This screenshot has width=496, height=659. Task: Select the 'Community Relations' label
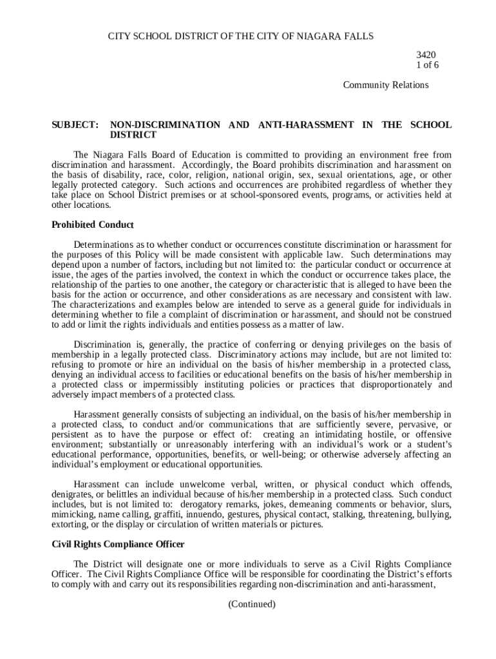tap(385, 85)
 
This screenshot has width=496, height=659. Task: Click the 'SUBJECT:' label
tap(75, 125)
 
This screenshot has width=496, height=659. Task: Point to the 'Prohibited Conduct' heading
tap(92, 225)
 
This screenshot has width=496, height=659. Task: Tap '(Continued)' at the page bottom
tap(252, 604)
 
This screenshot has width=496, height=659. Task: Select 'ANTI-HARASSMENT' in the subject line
tap(305, 125)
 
